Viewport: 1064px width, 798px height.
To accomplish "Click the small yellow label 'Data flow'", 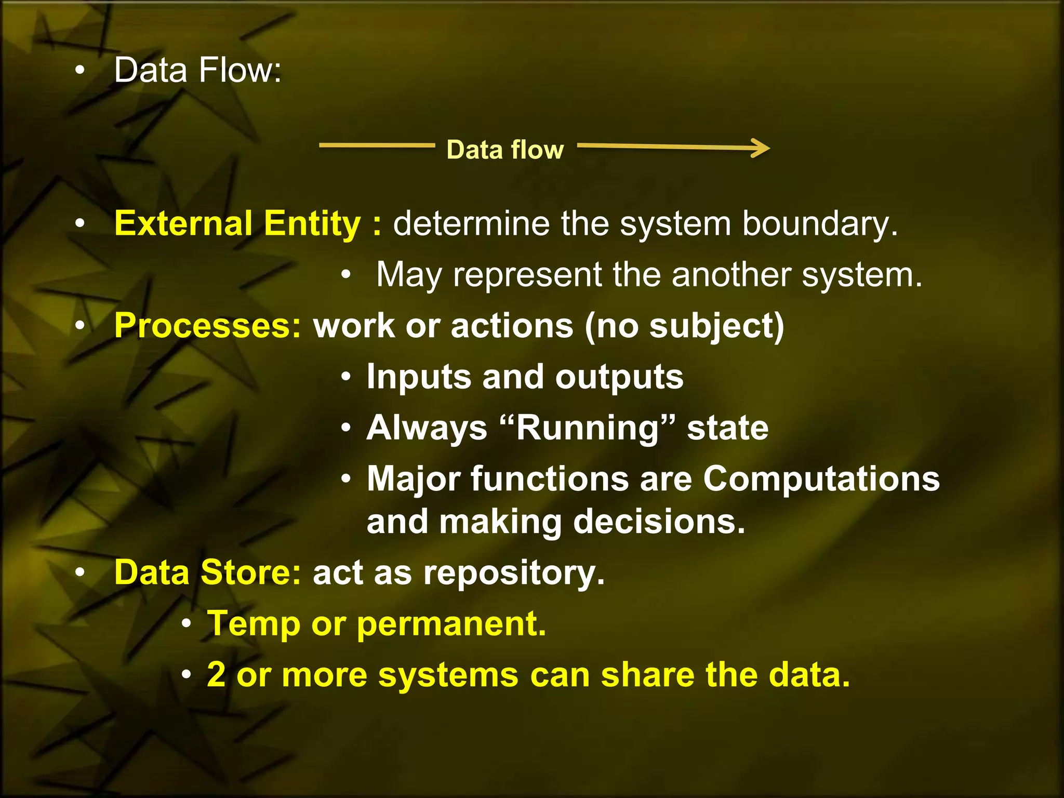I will coord(505,150).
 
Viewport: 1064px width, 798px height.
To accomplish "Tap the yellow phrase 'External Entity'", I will coord(237,223).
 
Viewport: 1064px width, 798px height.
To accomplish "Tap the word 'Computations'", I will coord(821,478).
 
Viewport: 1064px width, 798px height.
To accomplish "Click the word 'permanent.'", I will coord(451,623).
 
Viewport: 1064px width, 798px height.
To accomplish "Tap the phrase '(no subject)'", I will coord(684,327).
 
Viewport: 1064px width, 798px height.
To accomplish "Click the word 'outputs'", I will coord(619,377).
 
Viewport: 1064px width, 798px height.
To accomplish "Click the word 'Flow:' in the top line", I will coord(240,70).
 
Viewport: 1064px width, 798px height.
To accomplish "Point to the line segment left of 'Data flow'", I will coord(377,145).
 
